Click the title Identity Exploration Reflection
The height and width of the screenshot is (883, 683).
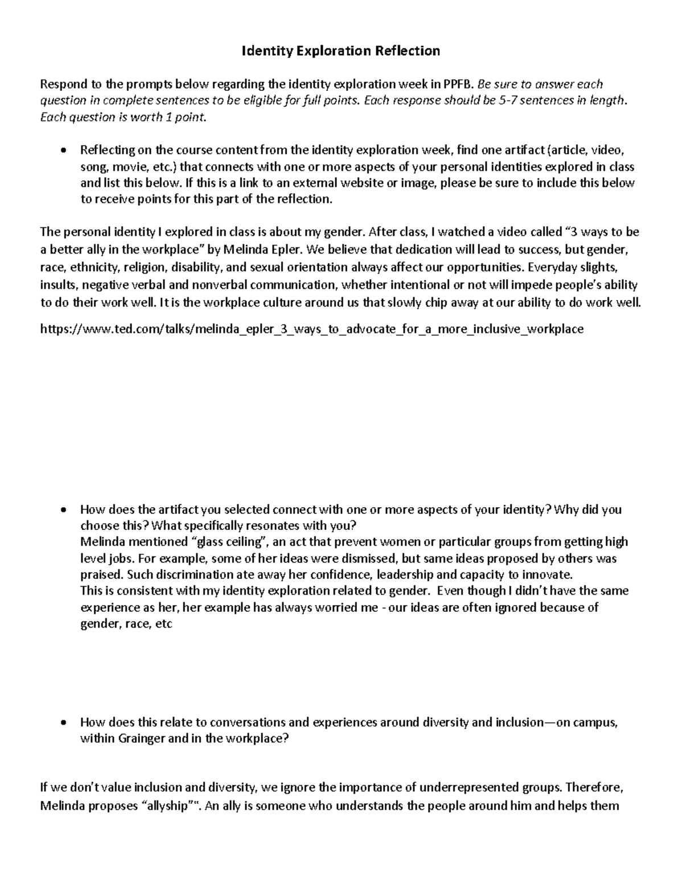pyautogui.click(x=341, y=51)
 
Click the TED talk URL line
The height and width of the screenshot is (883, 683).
pyautogui.click(x=312, y=329)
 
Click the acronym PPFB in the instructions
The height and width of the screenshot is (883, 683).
pyautogui.click(x=458, y=85)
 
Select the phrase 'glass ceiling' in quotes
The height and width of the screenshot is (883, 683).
pyautogui.click(x=231, y=542)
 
